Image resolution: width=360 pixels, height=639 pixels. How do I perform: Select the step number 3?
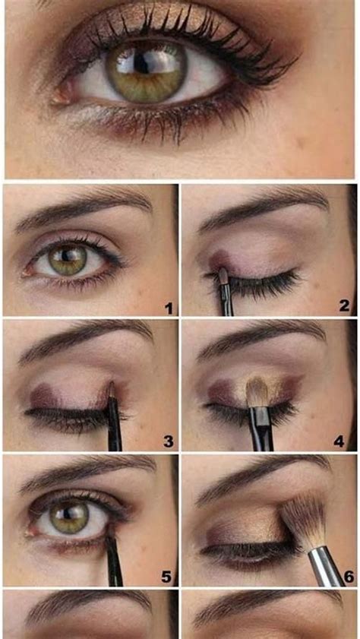168,441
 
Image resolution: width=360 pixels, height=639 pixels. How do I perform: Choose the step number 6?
348,577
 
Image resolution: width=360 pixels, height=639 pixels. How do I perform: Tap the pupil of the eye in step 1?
69,260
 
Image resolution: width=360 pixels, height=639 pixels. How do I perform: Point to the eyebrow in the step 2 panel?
262,209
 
